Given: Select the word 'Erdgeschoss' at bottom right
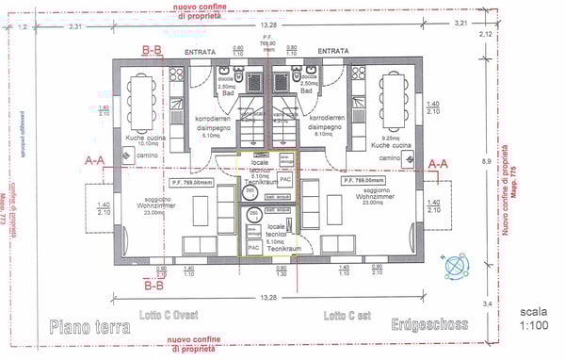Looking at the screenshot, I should point(429,325).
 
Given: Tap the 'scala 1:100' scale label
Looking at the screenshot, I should point(532,318).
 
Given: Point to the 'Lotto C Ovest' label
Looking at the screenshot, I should point(168,315).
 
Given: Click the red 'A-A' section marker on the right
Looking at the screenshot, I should point(438,163).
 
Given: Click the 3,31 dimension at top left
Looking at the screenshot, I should point(74,26).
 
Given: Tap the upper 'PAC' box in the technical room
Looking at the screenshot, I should point(285,177).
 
